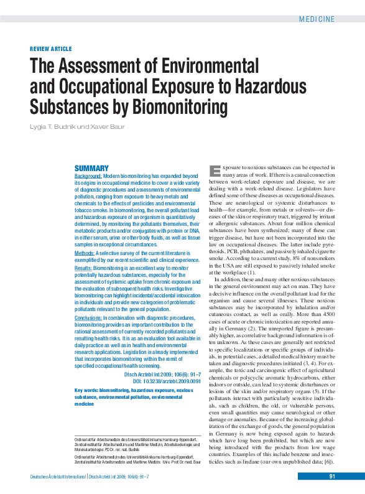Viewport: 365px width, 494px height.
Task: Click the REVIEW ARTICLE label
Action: [51, 49]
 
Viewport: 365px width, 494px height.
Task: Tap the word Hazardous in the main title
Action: [274, 86]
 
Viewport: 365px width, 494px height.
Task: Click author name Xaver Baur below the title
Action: [110, 127]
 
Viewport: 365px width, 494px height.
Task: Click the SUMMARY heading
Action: [91, 169]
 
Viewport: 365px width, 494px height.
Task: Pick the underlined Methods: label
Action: [85, 253]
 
